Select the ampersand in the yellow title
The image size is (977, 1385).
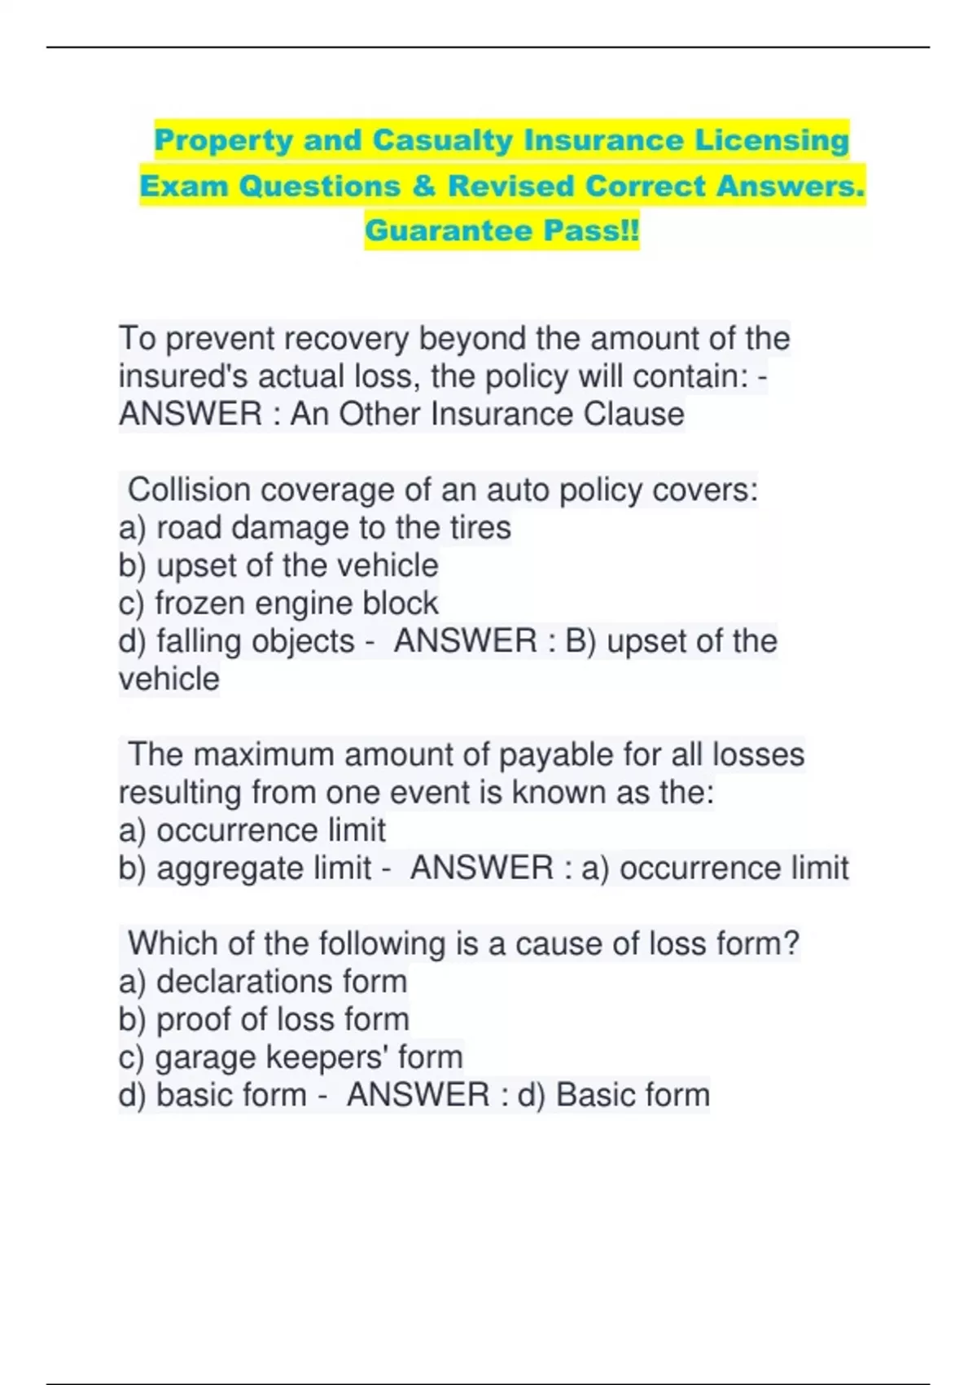[423, 186]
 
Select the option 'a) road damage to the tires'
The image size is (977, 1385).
[314, 528]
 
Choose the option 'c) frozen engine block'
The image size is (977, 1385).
[278, 603]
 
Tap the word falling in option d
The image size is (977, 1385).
[199, 641]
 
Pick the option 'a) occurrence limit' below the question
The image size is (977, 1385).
[252, 830]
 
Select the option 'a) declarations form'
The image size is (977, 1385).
[262, 981]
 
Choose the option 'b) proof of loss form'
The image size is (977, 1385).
[264, 1019]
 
